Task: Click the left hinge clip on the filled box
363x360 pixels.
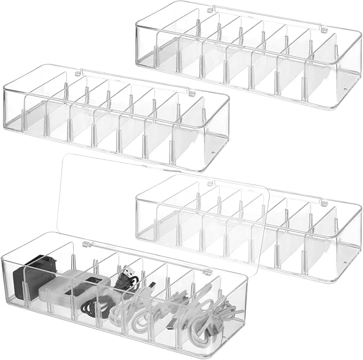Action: click(85, 244)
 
